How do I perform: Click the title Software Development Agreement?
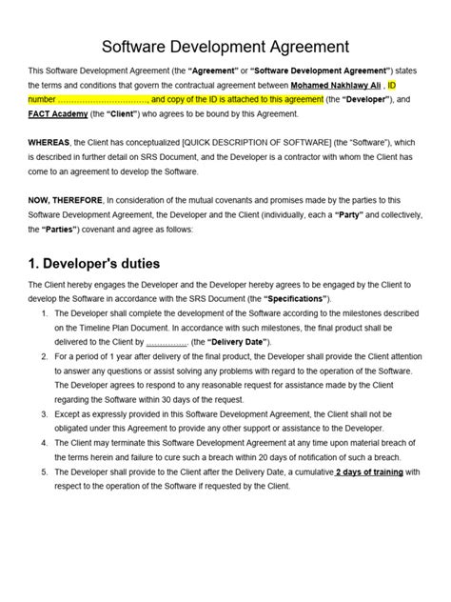coord(225,47)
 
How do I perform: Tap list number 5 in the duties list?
coord(46,471)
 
